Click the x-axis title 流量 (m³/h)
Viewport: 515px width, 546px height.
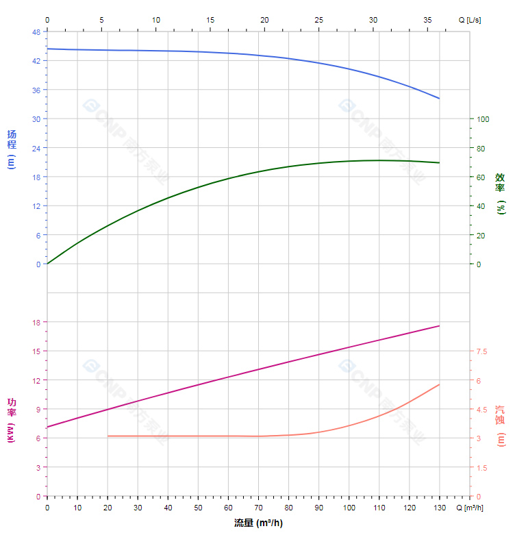(x=258, y=523)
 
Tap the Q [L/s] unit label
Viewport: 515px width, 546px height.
(x=470, y=20)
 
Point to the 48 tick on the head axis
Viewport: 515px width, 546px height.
(x=36, y=32)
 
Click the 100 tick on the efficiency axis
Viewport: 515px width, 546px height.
(x=483, y=119)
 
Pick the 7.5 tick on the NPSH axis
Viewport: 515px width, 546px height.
(x=481, y=351)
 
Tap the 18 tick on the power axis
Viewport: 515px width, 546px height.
(x=36, y=323)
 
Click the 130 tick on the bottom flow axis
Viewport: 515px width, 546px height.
(x=439, y=508)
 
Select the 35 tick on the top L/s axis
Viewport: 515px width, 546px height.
(x=427, y=20)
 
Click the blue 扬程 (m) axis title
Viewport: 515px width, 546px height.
(x=11, y=149)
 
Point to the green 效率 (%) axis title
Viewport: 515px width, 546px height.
(x=501, y=193)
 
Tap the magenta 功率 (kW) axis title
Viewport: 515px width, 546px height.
(x=11, y=419)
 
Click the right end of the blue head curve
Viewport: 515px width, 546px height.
(x=439, y=99)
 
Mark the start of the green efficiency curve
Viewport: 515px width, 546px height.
(x=47, y=264)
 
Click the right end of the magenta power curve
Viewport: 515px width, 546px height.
(x=439, y=326)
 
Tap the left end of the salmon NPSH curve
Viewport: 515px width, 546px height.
(x=108, y=436)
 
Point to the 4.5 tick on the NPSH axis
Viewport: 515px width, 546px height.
(x=481, y=410)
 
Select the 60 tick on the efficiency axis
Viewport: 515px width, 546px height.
(x=481, y=177)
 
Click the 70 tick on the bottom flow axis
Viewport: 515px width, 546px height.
(x=258, y=508)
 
